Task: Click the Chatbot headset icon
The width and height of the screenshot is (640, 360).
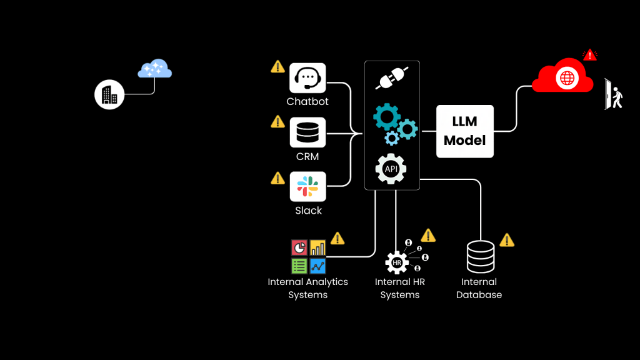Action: click(x=307, y=78)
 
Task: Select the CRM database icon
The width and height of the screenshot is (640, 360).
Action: click(x=307, y=132)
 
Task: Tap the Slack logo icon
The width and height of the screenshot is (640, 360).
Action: click(x=307, y=186)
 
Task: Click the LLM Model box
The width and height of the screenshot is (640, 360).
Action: click(x=464, y=131)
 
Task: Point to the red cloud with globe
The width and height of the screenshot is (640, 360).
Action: click(x=563, y=76)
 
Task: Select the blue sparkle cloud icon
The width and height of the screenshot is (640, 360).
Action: click(x=154, y=69)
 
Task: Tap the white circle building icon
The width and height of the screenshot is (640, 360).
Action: click(x=109, y=95)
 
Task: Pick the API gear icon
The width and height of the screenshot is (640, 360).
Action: click(x=391, y=169)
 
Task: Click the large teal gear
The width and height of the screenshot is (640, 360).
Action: click(x=387, y=117)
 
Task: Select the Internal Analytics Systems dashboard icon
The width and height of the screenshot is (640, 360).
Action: click(x=308, y=256)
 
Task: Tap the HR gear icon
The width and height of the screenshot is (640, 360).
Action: click(x=397, y=262)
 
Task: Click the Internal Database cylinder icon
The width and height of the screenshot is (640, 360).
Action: click(x=480, y=257)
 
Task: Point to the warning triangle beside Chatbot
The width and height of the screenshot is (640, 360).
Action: click(x=277, y=66)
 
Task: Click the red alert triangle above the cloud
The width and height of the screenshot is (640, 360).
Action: click(x=589, y=55)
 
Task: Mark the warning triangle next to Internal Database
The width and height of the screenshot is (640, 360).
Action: click(x=507, y=240)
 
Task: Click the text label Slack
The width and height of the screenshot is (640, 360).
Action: click(x=308, y=211)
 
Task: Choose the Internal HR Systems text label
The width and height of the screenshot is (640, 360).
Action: click(x=400, y=288)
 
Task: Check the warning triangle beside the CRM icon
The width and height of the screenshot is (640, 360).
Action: click(x=277, y=121)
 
